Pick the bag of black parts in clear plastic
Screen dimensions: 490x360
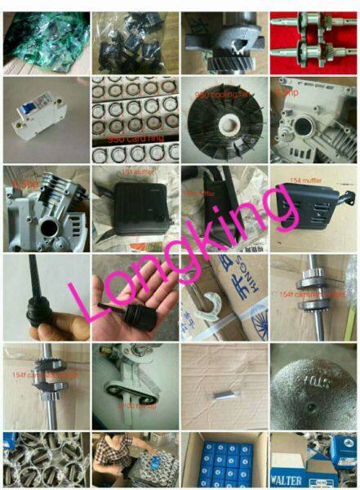coord(132,39)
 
